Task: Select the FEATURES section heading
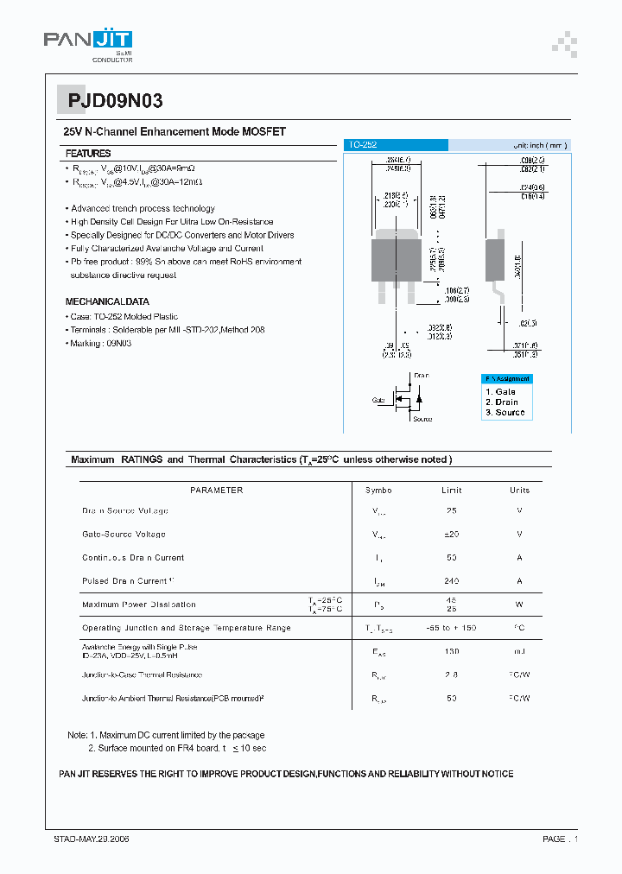pos(88,153)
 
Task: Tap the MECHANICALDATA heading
pos(107,302)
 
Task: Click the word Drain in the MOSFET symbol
pos(421,376)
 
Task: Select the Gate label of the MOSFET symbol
pos(379,401)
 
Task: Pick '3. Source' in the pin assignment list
pos(505,413)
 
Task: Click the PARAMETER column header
pos(216,491)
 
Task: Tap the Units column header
pos(519,491)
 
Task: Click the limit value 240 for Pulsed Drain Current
pos(451,581)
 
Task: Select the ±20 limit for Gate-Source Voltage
pos(451,535)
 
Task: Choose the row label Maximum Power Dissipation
pos(139,605)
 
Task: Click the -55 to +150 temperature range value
pos(451,628)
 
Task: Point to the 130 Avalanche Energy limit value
pos(451,651)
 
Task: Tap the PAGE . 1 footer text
pos(560,839)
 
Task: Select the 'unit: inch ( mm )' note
pos(540,145)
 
